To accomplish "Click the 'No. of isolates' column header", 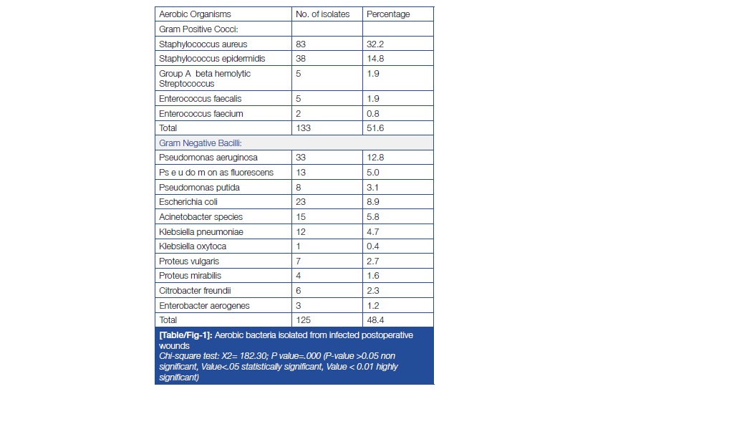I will tap(322, 14).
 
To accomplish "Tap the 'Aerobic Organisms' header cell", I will tap(195, 14).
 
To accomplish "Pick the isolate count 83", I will tap(301, 44).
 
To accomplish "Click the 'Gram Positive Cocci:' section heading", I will tap(198, 29).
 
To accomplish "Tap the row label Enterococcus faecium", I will tap(201, 114).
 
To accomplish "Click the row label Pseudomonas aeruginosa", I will tap(208, 158).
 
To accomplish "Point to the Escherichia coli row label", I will tap(188, 202).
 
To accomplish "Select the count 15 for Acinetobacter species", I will tap(301, 217).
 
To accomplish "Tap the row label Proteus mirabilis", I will tap(190, 276).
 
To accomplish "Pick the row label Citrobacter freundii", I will tap(195, 291).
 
